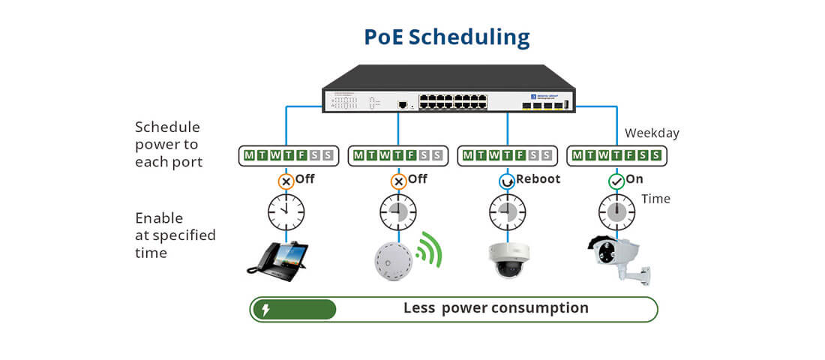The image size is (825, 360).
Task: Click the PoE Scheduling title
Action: pyautogui.click(x=447, y=37)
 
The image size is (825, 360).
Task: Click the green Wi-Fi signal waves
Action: pyautogui.click(x=430, y=250)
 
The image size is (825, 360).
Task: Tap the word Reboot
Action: pyautogui.click(x=538, y=179)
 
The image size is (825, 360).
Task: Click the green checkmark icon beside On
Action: pyautogui.click(x=616, y=181)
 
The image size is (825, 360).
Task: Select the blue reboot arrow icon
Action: pyautogui.click(x=507, y=181)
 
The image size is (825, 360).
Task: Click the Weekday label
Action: pyautogui.click(x=652, y=133)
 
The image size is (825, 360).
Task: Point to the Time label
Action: pyautogui.click(x=655, y=199)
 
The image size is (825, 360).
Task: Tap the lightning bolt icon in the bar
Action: pyautogui.click(x=265, y=309)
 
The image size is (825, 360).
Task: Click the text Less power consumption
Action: pyautogui.click(x=496, y=308)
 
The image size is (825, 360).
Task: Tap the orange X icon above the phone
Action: pyautogui.click(x=286, y=181)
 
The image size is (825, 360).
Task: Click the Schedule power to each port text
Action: pyautogui.click(x=169, y=144)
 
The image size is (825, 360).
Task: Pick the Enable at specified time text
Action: pyautogui.click(x=175, y=235)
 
